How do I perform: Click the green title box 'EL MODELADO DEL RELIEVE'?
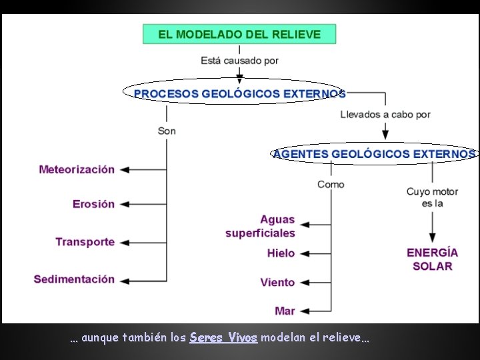tap(239, 34)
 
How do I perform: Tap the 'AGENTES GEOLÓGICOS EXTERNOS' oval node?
tap(374, 154)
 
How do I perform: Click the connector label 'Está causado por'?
tap(239, 61)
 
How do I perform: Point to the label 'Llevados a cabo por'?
tap(385, 115)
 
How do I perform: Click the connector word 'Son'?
tap(167, 131)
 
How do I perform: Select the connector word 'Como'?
tap(331, 184)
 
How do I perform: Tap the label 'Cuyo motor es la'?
tap(432, 197)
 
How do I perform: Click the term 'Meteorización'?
tap(77, 169)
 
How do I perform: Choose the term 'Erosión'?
tap(93, 204)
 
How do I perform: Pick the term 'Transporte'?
tap(85, 242)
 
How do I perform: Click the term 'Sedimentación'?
tap(74, 279)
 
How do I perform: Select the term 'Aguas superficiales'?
tap(261, 226)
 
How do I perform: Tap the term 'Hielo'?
tap(281, 253)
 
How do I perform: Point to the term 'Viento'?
tap(277, 283)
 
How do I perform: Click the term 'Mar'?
tap(285, 311)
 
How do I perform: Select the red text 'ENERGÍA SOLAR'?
tap(432, 259)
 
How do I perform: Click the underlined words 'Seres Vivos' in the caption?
tap(223, 338)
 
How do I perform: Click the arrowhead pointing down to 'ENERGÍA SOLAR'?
tap(432, 237)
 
